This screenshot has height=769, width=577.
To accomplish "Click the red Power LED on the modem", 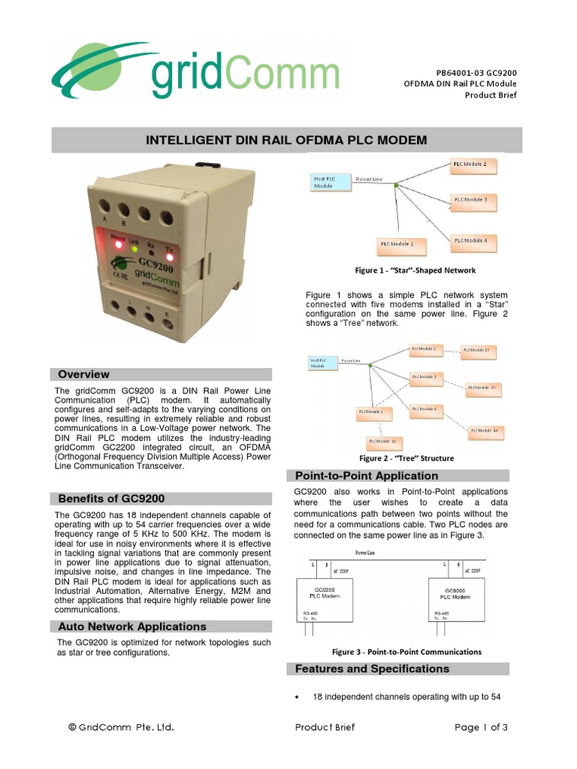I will [x=118, y=244].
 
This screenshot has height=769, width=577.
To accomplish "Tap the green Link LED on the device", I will [x=134, y=248].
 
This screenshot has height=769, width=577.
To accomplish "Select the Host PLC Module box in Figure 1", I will [x=329, y=182].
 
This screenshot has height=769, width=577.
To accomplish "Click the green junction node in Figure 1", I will [x=397, y=185].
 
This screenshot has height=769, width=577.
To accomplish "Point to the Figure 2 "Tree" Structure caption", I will [x=406, y=458].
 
